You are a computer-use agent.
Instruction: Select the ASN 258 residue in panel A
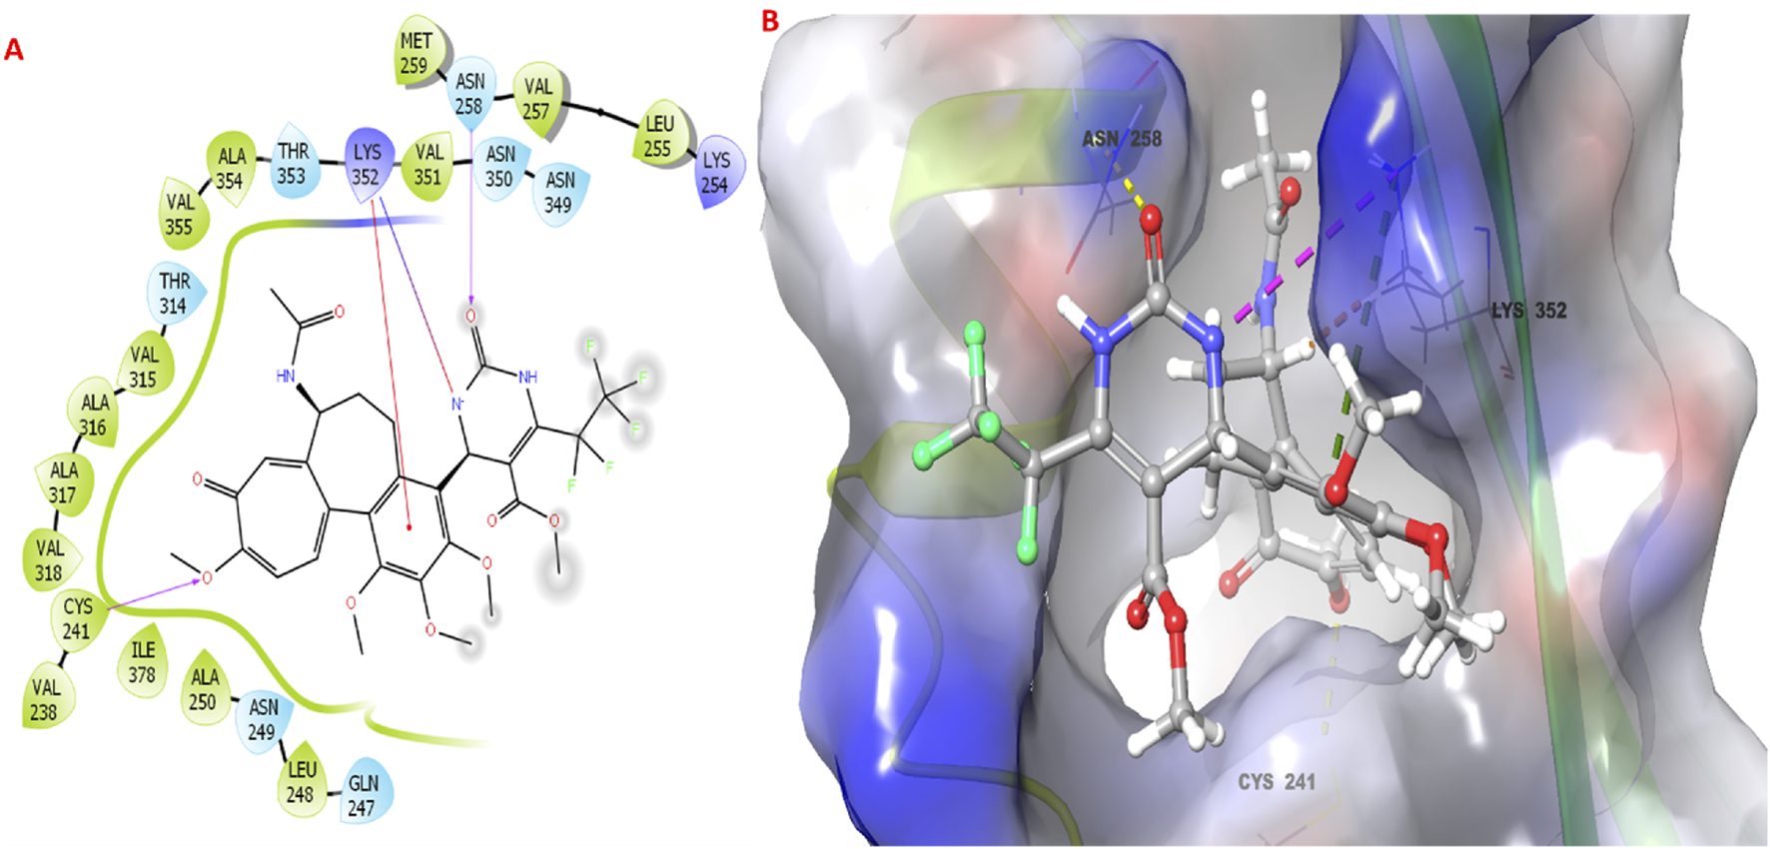tap(469, 93)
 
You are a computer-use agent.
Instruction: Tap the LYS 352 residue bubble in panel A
tap(367, 165)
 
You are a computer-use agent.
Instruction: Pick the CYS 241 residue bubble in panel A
tap(77, 618)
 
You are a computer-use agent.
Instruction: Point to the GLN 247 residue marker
tap(363, 795)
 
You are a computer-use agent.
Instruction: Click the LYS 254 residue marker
tap(716, 172)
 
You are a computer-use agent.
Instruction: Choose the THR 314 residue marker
tap(174, 294)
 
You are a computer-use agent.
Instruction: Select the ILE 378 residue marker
tap(142, 662)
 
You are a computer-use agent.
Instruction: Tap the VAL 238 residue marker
tap(45, 699)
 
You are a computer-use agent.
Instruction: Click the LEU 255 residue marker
tap(658, 136)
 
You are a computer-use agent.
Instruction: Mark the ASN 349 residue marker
tap(559, 192)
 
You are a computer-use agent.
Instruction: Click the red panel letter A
tap(14, 49)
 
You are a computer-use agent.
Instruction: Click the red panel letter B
tap(769, 20)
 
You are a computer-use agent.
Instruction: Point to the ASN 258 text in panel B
tap(1122, 139)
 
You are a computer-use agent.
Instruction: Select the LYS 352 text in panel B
tap(1528, 311)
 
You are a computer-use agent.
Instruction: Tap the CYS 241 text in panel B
tap(1277, 782)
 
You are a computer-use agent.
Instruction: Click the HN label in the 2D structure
tap(286, 377)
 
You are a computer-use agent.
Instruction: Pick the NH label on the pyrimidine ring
tap(528, 377)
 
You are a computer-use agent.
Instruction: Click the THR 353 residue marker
tap(293, 163)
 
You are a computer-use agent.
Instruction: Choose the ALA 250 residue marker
tap(204, 689)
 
